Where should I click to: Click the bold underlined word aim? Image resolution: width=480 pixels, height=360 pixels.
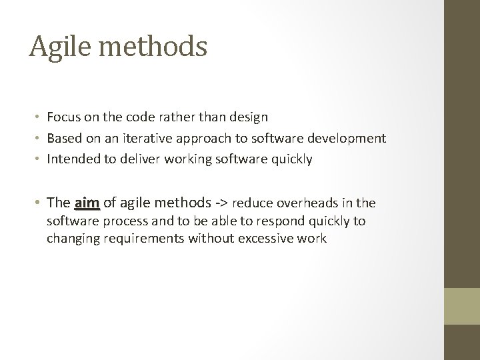tap(87, 203)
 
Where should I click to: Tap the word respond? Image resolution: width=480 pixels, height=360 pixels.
tap(276, 221)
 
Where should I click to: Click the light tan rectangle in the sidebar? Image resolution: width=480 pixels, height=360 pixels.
tap(462, 306)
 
